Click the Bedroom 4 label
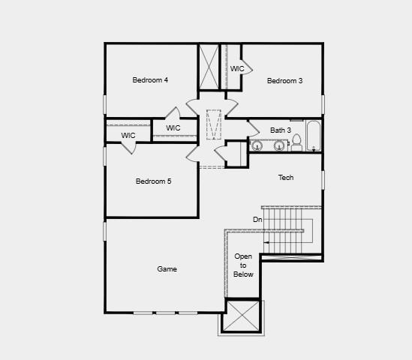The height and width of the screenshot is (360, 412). [x=150, y=80]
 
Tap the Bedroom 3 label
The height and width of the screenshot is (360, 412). [x=284, y=81]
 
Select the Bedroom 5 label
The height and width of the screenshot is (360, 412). [x=153, y=181]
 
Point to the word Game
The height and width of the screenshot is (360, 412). [x=167, y=268]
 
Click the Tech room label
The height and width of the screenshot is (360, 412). [x=286, y=178]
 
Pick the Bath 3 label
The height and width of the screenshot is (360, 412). [x=281, y=130]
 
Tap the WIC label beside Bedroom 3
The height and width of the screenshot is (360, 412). [x=237, y=69]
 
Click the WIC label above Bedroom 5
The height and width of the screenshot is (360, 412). [x=173, y=127]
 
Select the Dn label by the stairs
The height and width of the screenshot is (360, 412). [x=257, y=219]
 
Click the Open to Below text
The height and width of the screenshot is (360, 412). [x=243, y=265]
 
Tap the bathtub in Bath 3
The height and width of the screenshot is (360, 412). [x=314, y=136]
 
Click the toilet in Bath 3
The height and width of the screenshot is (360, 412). [x=296, y=142]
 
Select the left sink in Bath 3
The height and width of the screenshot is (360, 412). [x=257, y=145]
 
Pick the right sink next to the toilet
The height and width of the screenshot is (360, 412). [x=279, y=145]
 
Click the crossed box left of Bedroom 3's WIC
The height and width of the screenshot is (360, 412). [x=209, y=67]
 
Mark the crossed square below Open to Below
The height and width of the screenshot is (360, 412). [x=242, y=316]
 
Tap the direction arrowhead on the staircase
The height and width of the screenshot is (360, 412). [x=266, y=243]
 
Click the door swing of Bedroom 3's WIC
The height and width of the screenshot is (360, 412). [x=247, y=63]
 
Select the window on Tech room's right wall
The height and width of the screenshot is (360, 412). [x=323, y=180]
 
